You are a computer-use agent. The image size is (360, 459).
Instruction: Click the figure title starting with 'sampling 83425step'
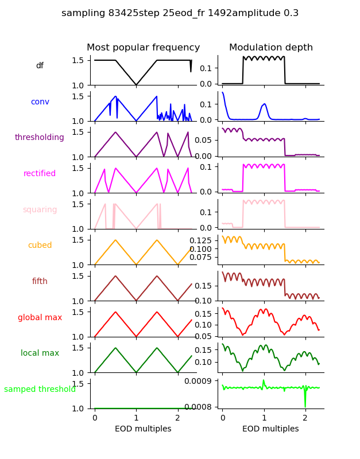click(x=180, y=13)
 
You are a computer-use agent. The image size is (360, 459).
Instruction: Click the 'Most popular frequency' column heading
click(x=143, y=48)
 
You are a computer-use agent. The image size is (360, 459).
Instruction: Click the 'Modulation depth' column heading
click(x=270, y=48)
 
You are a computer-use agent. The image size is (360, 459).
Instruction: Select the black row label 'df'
click(x=40, y=66)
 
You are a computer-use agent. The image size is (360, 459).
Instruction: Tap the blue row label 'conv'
click(x=40, y=102)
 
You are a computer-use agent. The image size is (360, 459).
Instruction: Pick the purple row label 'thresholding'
click(x=40, y=138)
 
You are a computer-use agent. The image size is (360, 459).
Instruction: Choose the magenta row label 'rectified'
click(x=40, y=174)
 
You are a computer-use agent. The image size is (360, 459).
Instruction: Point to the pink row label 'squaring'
click(x=40, y=210)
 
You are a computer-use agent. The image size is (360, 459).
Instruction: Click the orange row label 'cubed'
click(x=40, y=246)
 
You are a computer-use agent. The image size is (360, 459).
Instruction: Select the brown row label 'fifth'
click(x=40, y=282)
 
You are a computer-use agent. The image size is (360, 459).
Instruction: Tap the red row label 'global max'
click(x=40, y=317)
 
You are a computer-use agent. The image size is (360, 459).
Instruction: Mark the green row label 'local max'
click(x=40, y=353)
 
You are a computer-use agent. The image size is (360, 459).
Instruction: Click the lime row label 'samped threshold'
click(x=40, y=390)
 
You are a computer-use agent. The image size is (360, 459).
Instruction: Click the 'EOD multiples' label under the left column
click(x=143, y=429)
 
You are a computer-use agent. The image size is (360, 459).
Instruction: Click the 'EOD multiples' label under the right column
click(x=270, y=429)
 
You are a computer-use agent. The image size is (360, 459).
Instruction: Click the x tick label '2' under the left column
click(x=177, y=418)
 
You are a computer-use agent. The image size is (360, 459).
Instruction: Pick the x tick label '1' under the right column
click(x=264, y=418)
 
